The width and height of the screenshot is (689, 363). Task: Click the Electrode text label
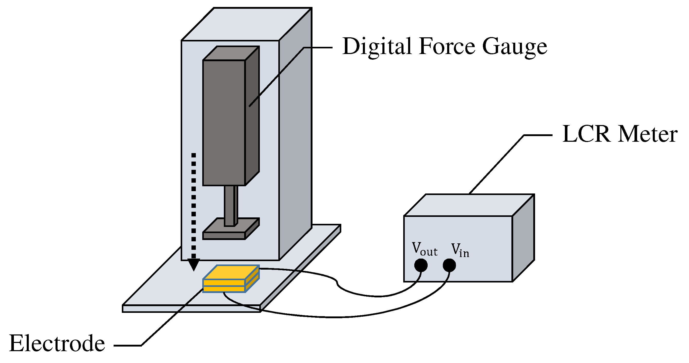click(x=57, y=343)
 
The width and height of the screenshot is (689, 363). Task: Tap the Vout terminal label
click(x=424, y=249)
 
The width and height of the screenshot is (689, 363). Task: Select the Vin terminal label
click(x=460, y=250)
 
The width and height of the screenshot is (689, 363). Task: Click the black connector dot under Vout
click(x=421, y=265)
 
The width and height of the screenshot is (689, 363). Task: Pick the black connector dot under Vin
click(x=449, y=265)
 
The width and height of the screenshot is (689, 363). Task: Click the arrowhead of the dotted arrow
click(x=194, y=264)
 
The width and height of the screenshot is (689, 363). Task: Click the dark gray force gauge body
click(x=224, y=123)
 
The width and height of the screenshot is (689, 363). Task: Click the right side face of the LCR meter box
click(x=523, y=238)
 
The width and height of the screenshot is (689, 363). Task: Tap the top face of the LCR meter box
click(x=468, y=205)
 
